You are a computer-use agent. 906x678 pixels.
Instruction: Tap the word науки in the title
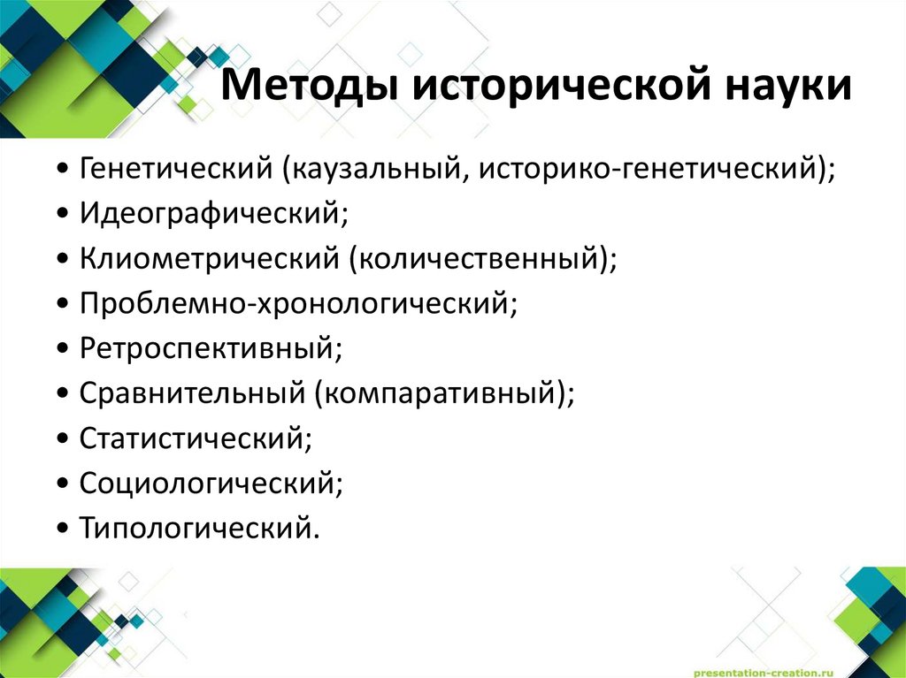tap(789, 89)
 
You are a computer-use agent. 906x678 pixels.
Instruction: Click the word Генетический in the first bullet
tap(176, 168)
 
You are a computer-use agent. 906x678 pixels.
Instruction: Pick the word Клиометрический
tap(208, 258)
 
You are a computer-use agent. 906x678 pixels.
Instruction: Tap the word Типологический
tap(196, 528)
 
